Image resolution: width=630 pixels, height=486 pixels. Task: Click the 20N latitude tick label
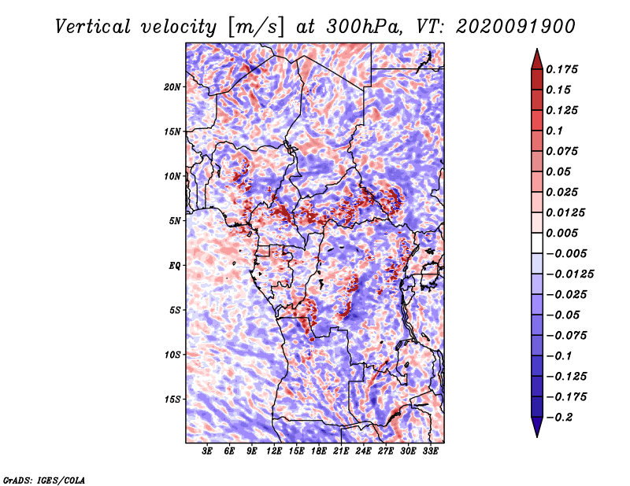click(x=172, y=87)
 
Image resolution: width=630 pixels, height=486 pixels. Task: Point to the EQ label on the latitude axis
click(x=174, y=266)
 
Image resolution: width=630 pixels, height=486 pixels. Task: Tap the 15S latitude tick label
click(x=172, y=399)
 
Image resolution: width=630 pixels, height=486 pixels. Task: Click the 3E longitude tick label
click(x=208, y=452)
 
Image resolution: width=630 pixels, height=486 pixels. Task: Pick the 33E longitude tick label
click(x=430, y=452)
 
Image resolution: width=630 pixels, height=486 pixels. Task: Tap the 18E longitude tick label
click(x=319, y=452)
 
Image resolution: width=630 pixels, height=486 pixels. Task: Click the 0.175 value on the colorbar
click(x=563, y=70)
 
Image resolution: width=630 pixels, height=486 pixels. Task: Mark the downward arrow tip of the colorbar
click(x=535, y=434)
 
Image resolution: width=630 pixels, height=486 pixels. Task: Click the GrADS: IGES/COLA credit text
click(x=43, y=479)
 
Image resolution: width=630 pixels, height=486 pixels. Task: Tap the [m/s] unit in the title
click(x=256, y=26)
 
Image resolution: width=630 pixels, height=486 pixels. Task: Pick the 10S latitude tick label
click(x=172, y=355)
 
